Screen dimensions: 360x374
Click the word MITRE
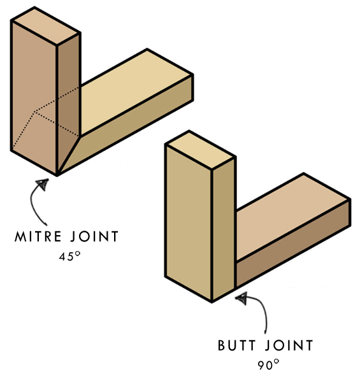pyautogui.click(x=38, y=236)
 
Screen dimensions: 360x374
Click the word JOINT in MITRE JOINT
pyautogui.click(x=95, y=236)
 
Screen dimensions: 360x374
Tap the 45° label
pyautogui.click(x=69, y=256)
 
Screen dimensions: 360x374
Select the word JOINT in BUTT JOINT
pyautogui.click(x=289, y=345)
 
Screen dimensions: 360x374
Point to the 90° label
pyautogui.click(x=268, y=364)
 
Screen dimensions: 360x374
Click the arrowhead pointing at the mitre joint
pyautogui.click(x=43, y=184)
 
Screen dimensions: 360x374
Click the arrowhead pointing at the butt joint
pyautogui.click(x=241, y=299)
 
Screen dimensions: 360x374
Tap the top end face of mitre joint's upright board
pyautogui.click(x=45, y=25)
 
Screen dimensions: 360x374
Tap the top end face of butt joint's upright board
pyautogui.click(x=200, y=150)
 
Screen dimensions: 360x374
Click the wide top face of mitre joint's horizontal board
pyautogui.click(x=136, y=92)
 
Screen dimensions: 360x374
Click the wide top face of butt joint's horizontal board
pyautogui.click(x=292, y=217)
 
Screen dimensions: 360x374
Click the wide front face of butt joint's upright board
pyautogui.click(x=189, y=223)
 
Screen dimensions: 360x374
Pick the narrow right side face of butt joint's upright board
pyautogui.click(x=223, y=229)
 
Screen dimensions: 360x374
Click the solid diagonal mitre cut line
pyautogui.click(x=68, y=155)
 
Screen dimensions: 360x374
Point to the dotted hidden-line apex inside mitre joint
pyautogui.click(x=35, y=111)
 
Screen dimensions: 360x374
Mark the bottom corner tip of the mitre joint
pyautogui.click(x=57, y=175)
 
